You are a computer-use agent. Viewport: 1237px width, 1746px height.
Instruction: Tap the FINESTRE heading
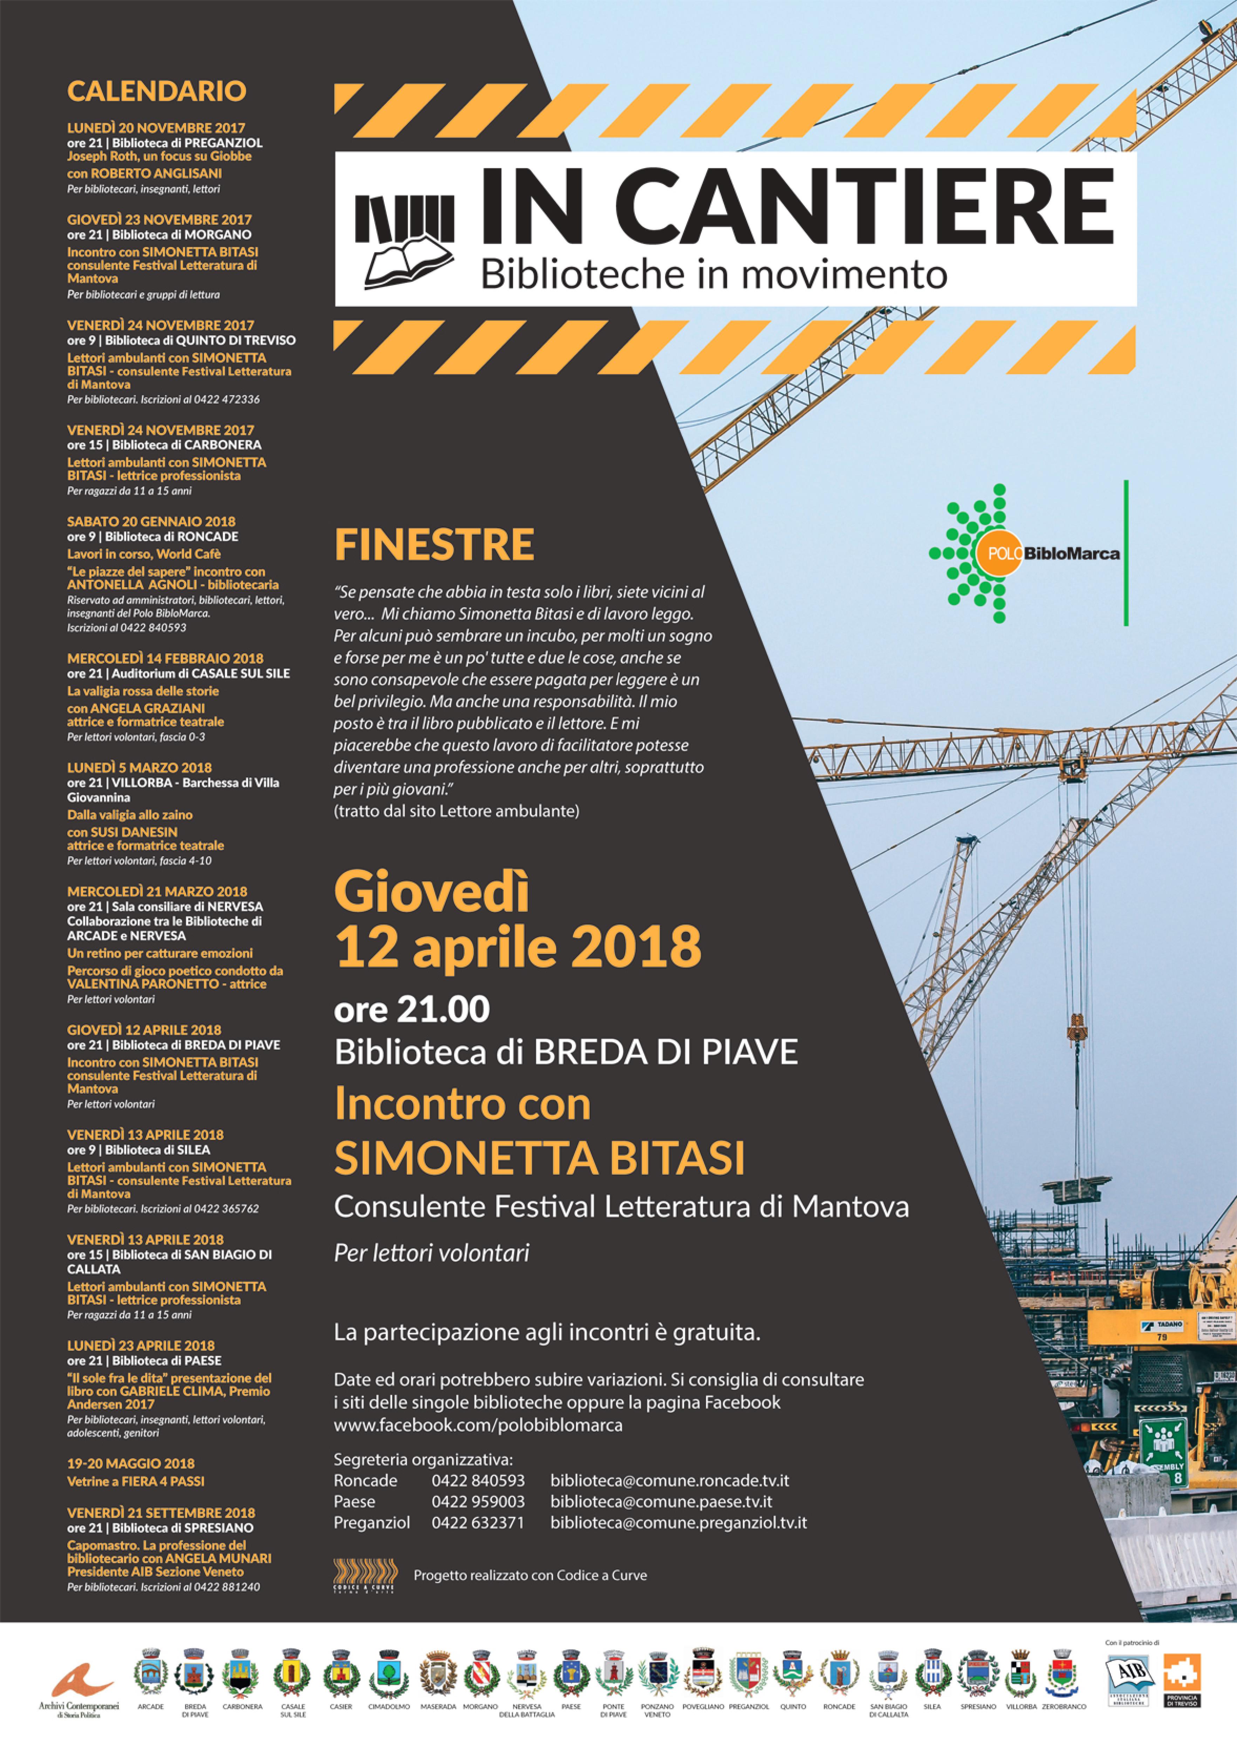click(434, 544)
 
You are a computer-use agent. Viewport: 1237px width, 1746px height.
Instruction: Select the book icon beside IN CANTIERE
click(405, 238)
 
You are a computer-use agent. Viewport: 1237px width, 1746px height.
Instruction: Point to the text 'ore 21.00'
click(411, 1010)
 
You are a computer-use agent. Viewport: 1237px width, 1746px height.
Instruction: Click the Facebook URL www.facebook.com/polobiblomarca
click(478, 1425)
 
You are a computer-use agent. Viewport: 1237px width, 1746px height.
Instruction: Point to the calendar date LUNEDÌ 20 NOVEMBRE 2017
click(156, 128)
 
